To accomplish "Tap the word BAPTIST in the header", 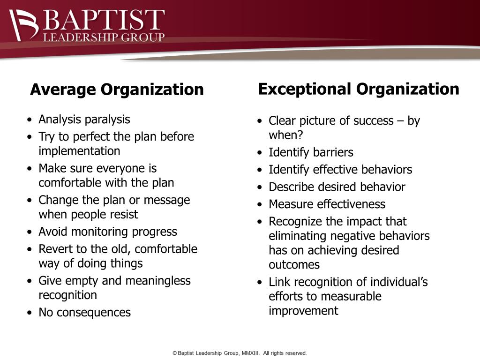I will [x=104, y=20].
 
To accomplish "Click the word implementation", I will [x=79, y=151].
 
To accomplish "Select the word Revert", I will [x=52, y=249].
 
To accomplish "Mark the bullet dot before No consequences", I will [x=30, y=313].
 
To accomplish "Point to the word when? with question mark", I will [x=285, y=135].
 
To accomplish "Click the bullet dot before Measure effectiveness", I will [x=260, y=204].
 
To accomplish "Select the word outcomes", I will [x=294, y=265].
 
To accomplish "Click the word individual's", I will [x=399, y=282].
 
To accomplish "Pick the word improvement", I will [x=303, y=311].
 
